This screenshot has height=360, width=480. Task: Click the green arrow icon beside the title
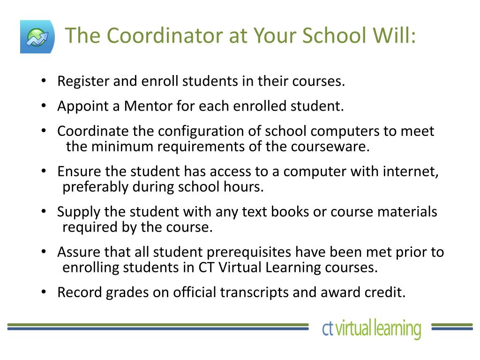pos(37,37)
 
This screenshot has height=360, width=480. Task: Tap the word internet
pos(411,172)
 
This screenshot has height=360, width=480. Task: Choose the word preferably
pos(95,187)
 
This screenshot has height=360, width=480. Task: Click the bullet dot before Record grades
pos(44,292)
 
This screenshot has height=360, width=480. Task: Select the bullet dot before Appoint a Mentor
pos(44,106)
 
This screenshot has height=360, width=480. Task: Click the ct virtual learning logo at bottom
pos(371,329)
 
